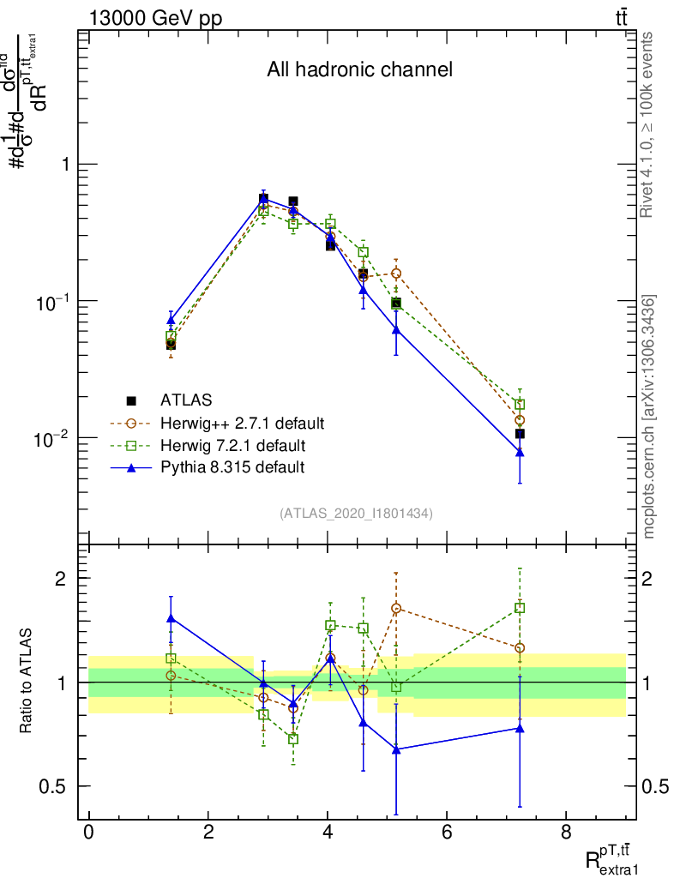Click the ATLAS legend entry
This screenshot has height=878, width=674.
[187, 400]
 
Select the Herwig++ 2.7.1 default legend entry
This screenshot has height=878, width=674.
[241, 423]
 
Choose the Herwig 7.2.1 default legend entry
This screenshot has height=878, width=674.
[232, 445]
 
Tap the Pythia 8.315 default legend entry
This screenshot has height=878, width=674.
[232, 467]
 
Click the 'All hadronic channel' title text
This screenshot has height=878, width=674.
[359, 69]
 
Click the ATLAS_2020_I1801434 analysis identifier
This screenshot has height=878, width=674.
[356, 513]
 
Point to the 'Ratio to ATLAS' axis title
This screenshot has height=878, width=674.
[27, 682]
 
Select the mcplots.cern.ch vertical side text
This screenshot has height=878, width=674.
[648, 417]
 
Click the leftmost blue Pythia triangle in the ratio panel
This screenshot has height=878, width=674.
[171, 617]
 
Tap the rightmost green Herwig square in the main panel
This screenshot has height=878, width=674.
[520, 404]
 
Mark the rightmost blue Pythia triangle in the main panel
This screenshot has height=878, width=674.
[520, 452]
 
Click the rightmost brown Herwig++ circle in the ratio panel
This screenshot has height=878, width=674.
[520, 648]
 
